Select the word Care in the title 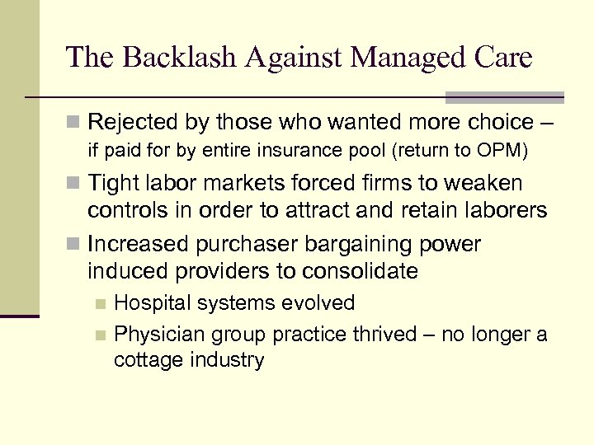(502, 57)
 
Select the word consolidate (364, 271)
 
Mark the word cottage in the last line (144, 360)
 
